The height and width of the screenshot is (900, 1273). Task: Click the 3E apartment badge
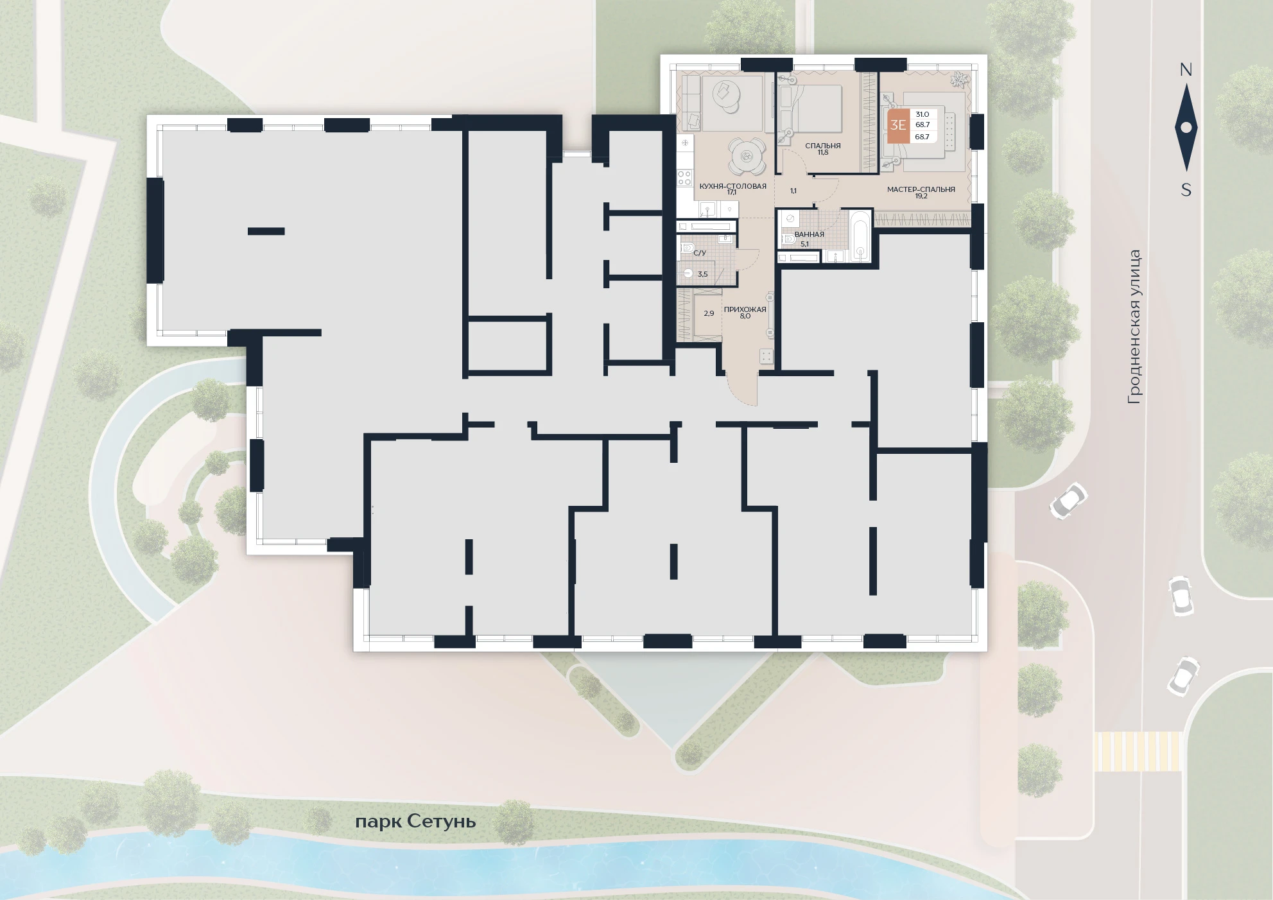click(x=897, y=125)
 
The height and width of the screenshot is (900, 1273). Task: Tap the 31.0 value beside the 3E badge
click(x=922, y=114)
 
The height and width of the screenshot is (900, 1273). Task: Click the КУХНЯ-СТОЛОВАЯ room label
click(x=732, y=186)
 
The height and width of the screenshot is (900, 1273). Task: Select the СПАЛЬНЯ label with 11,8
click(x=823, y=149)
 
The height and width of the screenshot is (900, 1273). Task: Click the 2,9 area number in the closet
click(x=709, y=313)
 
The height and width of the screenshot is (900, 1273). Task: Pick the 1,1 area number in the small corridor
click(x=793, y=191)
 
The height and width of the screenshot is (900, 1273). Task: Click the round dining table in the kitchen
click(x=746, y=156)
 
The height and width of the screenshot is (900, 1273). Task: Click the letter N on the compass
click(x=1186, y=70)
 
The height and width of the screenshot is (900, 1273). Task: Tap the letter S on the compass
click(x=1186, y=190)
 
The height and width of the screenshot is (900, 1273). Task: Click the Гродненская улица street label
click(x=1134, y=327)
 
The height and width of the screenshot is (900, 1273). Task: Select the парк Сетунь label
click(x=415, y=822)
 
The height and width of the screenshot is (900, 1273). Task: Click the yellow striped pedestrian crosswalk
click(x=1138, y=751)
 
